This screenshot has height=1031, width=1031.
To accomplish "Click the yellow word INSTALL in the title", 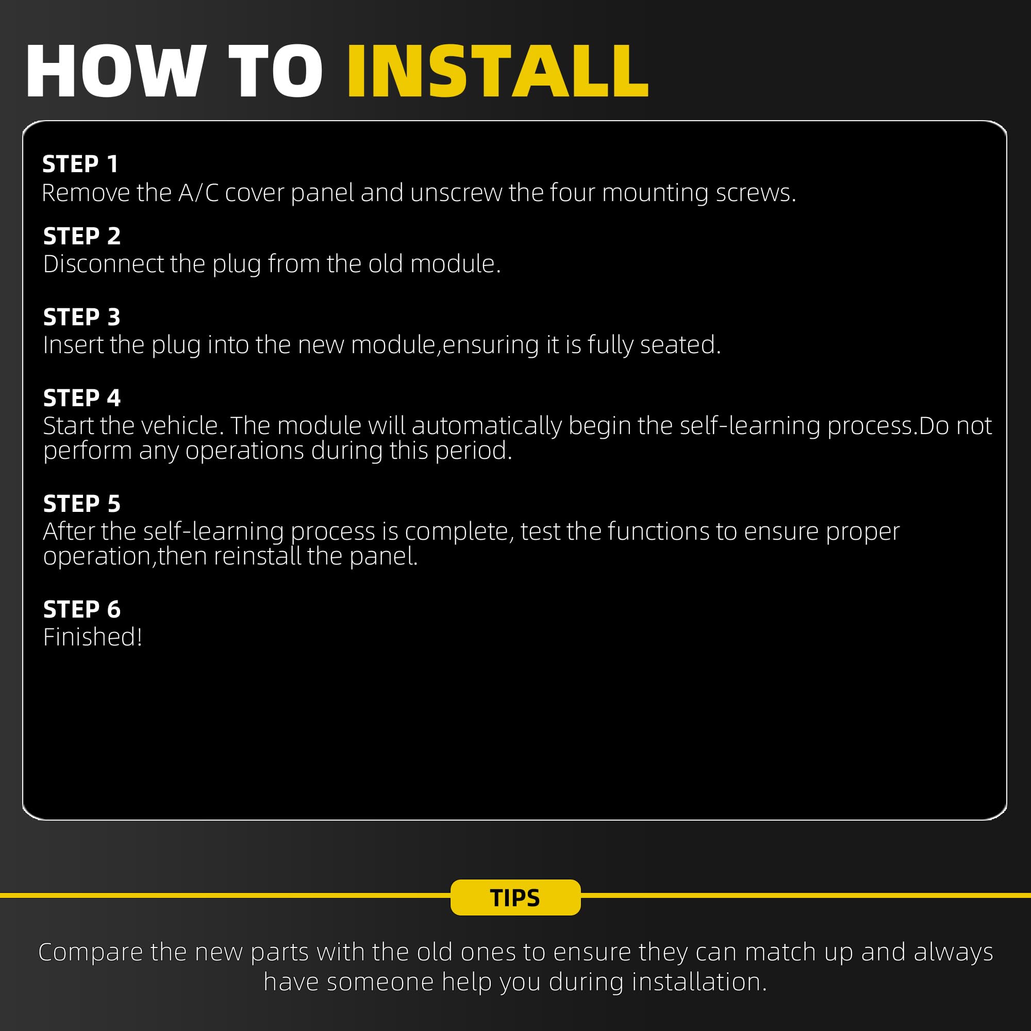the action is coord(497,72).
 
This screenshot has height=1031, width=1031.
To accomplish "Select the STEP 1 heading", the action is coord(80,164).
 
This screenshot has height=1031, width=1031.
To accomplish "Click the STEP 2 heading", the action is coord(81,236).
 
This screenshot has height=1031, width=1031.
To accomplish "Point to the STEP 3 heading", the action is coord(81,317).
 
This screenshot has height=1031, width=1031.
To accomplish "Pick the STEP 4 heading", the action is coord(81,398).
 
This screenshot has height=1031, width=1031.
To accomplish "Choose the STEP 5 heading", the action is coord(81,504).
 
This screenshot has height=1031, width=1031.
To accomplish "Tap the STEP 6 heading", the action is coord(81,609).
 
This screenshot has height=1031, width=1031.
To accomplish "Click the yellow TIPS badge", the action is coord(515,897).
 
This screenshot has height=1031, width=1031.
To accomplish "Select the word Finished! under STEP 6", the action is coord(93,637).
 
